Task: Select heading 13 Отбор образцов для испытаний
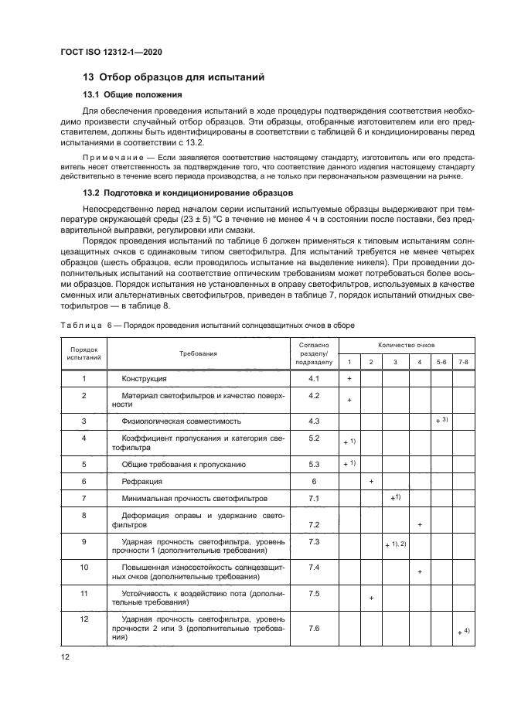(174, 77)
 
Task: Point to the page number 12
(65, 657)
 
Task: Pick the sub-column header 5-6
(441, 362)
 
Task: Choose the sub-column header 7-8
(463, 362)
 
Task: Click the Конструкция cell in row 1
(138, 380)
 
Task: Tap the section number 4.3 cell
(314, 421)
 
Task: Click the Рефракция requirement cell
(138, 481)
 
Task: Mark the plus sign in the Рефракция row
(372, 482)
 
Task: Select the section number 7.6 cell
(314, 629)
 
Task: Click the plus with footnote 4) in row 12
(463, 632)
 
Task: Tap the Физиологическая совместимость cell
(181, 421)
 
